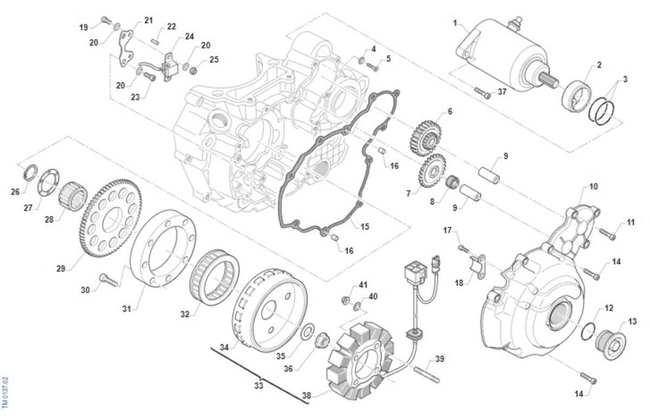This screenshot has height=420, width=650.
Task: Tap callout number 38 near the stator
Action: [307, 395]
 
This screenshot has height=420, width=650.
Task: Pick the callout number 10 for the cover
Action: [594, 187]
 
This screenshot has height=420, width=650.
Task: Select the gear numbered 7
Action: [432, 172]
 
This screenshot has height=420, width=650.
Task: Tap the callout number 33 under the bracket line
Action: [259, 386]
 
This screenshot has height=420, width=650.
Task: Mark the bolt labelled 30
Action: [108, 280]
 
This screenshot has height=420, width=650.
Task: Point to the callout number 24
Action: [189, 36]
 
